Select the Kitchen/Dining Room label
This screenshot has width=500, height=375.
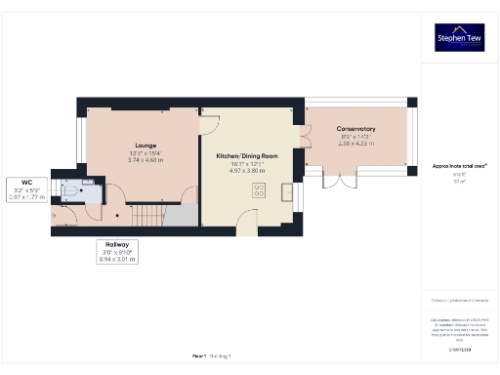tap(248, 156)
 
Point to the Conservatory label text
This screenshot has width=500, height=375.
tap(356, 129)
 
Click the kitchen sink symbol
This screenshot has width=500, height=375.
tap(286, 190)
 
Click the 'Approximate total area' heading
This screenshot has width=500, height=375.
tap(459, 167)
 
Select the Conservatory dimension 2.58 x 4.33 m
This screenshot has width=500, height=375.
tap(356, 144)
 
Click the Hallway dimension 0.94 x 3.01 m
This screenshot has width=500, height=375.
tap(118, 261)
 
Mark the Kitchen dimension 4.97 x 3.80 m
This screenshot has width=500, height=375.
tap(248, 171)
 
